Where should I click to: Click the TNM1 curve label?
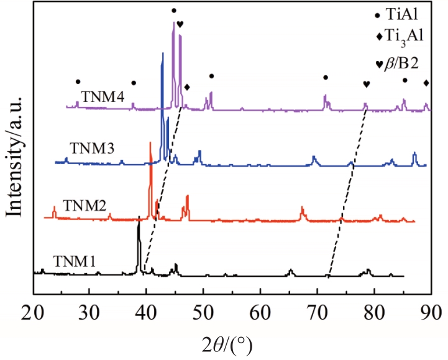click(x=73, y=262)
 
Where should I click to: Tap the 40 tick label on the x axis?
click(x=147, y=313)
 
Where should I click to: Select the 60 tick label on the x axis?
click(x=260, y=313)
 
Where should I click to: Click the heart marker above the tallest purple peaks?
click(x=180, y=24)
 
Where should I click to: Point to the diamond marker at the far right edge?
click(x=426, y=83)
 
